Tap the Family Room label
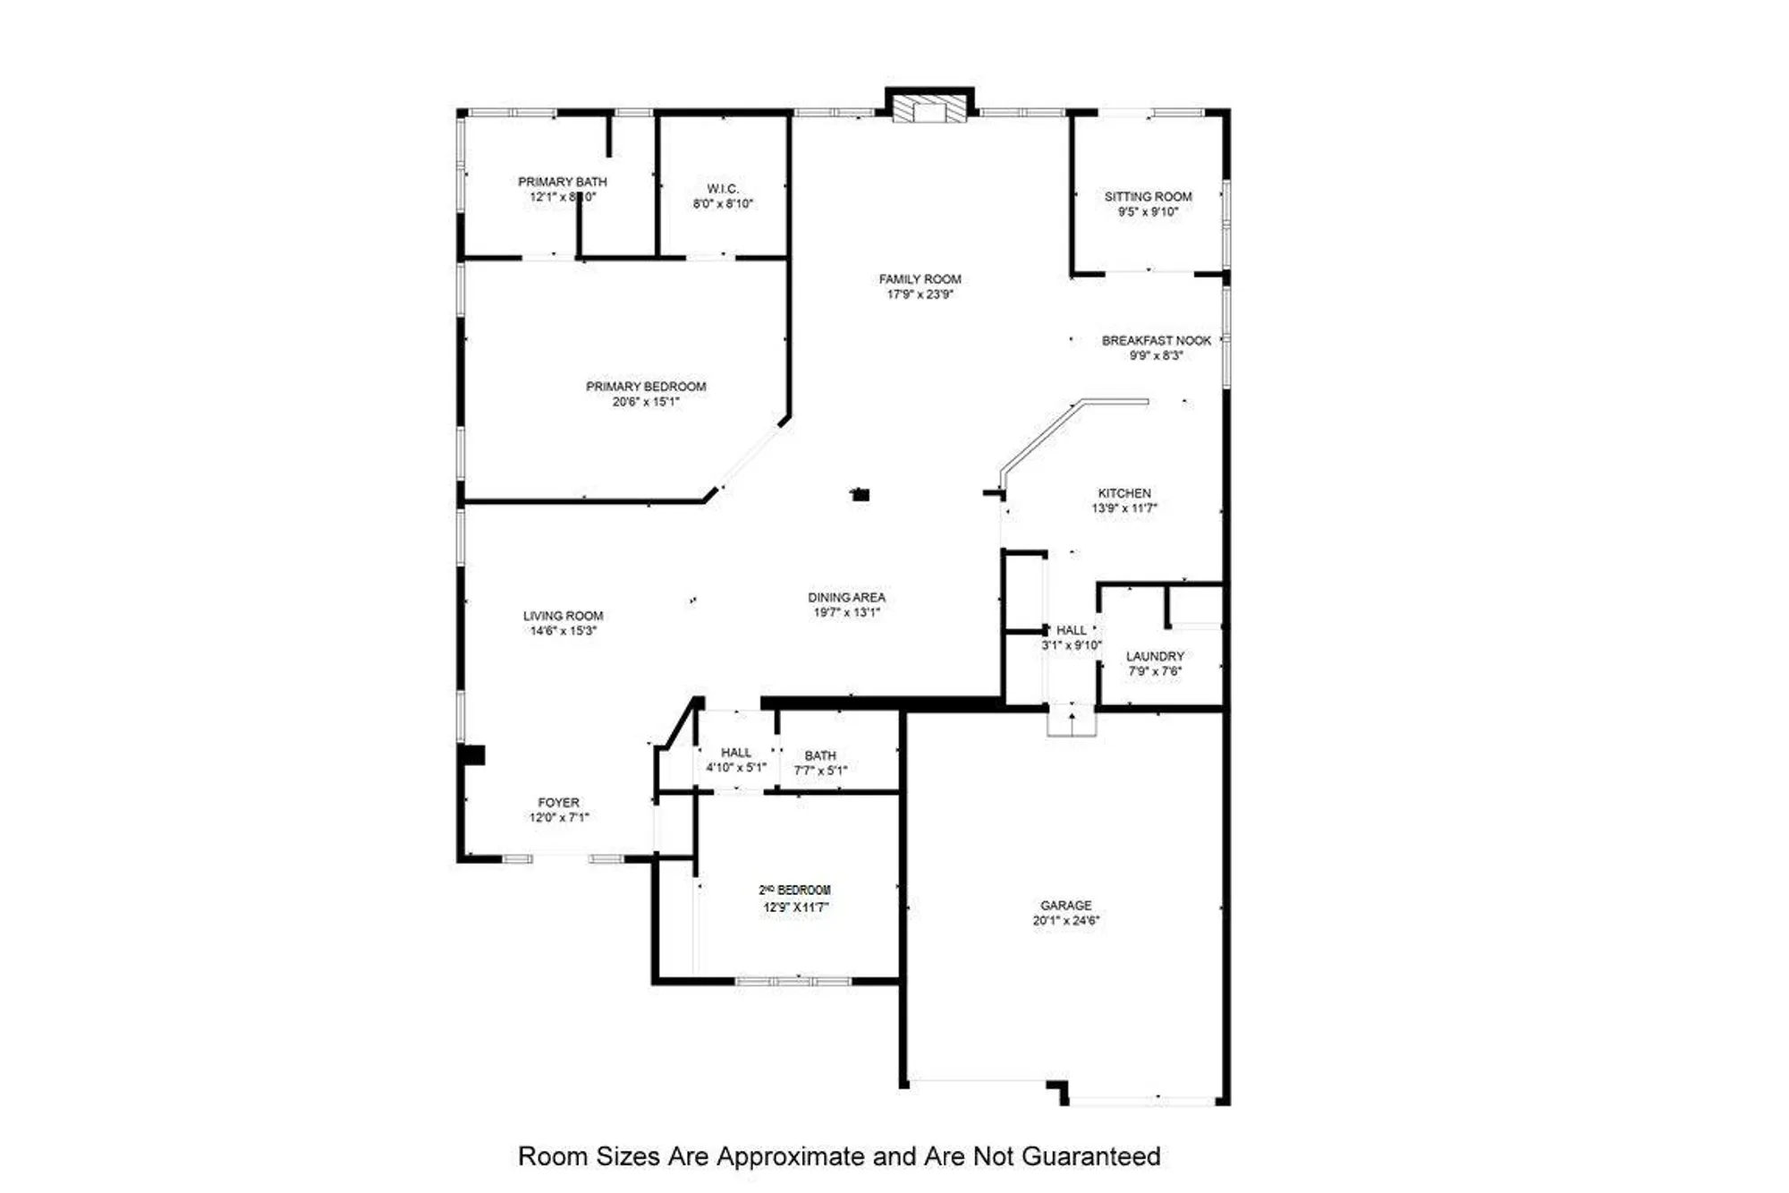click(x=920, y=279)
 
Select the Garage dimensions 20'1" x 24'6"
click(x=1065, y=920)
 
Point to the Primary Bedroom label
click(x=646, y=387)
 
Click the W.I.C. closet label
click(x=723, y=189)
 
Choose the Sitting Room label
click(x=1148, y=197)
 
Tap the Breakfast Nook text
click(x=1156, y=341)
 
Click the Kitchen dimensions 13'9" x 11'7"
click(x=1124, y=508)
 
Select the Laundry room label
click(x=1155, y=656)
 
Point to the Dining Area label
click(x=846, y=598)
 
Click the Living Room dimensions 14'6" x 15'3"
click(x=563, y=631)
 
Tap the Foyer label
click(x=558, y=803)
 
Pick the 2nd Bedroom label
click(x=795, y=890)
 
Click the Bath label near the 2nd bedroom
click(x=820, y=755)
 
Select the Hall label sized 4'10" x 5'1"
click(x=736, y=753)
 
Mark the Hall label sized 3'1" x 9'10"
click(x=1072, y=630)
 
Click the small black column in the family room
click(x=861, y=494)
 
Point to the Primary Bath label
click(x=562, y=182)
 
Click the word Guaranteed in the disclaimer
click(x=1090, y=1156)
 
